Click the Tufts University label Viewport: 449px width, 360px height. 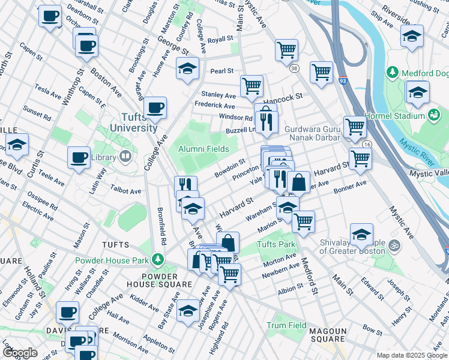click(134, 122)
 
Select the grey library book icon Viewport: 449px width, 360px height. click(125, 157)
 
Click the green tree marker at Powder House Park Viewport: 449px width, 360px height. click(157, 260)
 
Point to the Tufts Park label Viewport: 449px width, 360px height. click(276, 245)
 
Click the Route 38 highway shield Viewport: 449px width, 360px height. click(294, 69)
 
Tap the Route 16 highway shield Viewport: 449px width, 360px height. click(367, 145)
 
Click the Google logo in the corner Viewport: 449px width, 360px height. click(20, 353)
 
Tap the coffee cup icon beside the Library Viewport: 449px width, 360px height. click(79, 157)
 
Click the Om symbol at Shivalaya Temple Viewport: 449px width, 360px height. click(394, 245)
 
